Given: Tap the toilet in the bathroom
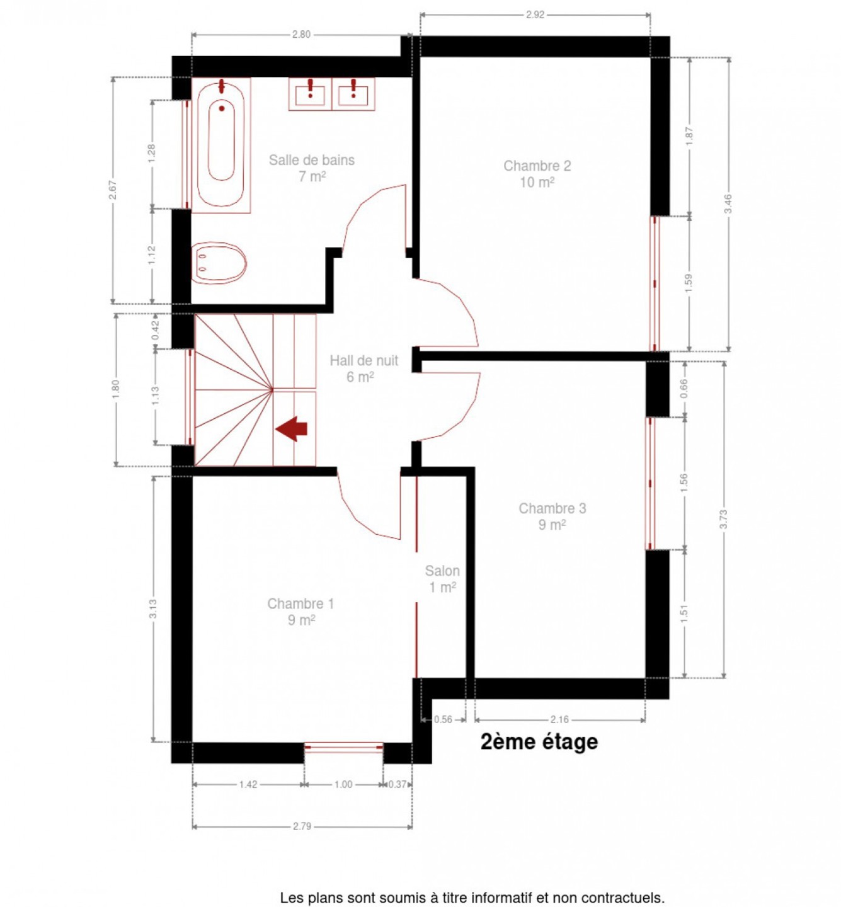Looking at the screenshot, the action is [x=219, y=263].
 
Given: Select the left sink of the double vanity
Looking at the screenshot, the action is [x=310, y=94].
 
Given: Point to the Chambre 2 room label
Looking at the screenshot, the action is [x=537, y=174].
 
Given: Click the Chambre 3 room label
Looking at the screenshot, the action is [x=552, y=516].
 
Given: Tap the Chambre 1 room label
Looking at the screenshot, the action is [x=300, y=612].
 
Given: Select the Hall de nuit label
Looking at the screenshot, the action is [x=363, y=368].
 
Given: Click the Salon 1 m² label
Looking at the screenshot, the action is [x=442, y=579].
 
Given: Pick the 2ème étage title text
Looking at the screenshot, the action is [x=539, y=741].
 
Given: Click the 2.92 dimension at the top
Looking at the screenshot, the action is [x=535, y=14].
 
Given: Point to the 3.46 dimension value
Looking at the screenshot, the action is [x=729, y=203].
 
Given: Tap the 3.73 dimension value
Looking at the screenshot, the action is [x=723, y=519].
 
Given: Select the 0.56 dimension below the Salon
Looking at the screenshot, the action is [x=443, y=720].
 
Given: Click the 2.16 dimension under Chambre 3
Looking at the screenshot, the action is [x=559, y=720].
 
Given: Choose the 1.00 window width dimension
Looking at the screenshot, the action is [x=343, y=784].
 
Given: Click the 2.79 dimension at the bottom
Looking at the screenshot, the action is [x=302, y=826].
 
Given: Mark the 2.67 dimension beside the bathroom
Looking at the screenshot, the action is [x=113, y=190].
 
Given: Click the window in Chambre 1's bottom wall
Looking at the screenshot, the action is [x=343, y=747].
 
